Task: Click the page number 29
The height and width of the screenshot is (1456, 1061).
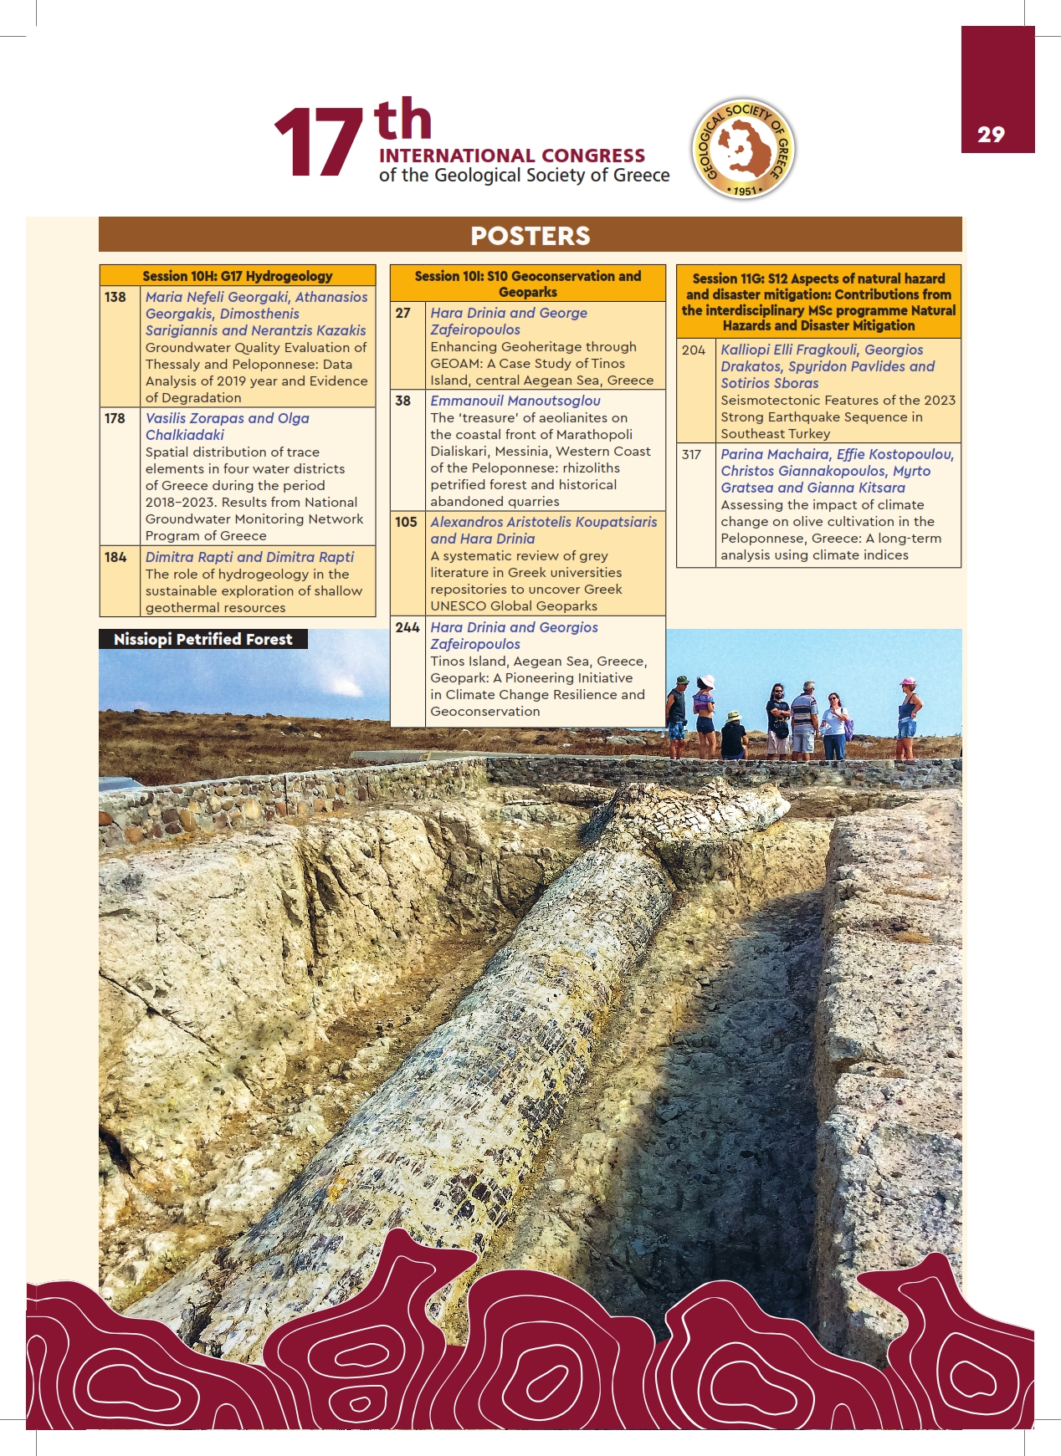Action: click(991, 135)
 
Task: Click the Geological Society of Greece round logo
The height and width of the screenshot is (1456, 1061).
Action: click(743, 149)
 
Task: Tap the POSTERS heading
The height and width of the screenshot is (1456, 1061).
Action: click(530, 236)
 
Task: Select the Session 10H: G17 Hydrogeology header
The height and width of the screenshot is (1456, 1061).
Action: click(237, 276)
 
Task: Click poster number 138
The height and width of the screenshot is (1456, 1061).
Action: click(115, 297)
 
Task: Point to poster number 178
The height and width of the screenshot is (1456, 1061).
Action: click(115, 418)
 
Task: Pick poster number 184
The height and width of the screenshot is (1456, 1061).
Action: click(115, 557)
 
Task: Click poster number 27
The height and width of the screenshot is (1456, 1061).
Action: click(403, 313)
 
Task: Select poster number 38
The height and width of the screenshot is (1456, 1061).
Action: click(403, 401)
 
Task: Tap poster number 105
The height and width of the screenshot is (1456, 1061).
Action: click(406, 522)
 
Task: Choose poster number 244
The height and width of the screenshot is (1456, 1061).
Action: click(407, 627)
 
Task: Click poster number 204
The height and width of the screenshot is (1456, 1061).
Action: click(694, 350)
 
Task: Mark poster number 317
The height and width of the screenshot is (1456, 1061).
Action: click(691, 454)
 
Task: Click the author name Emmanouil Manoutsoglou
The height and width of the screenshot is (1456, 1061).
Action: click(515, 401)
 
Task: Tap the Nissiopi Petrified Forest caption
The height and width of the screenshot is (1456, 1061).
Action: click(202, 639)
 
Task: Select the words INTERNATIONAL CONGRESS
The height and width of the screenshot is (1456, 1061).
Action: click(512, 156)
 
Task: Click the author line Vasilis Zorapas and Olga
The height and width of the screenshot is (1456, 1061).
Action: click(228, 418)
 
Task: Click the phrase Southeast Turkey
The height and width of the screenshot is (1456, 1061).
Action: click(775, 433)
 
